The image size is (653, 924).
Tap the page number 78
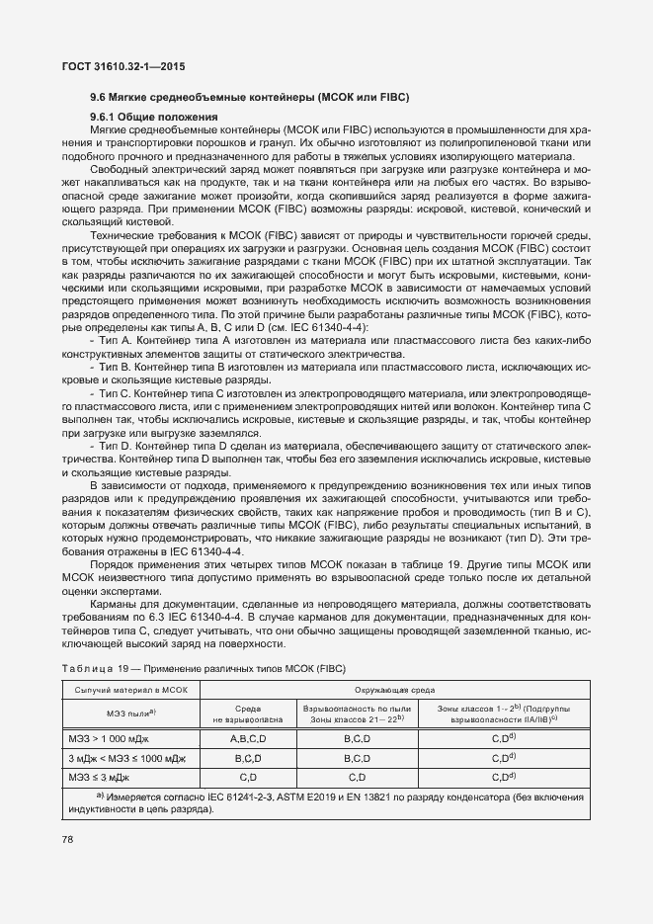tap(68, 839)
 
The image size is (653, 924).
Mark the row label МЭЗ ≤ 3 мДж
tap(96, 778)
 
